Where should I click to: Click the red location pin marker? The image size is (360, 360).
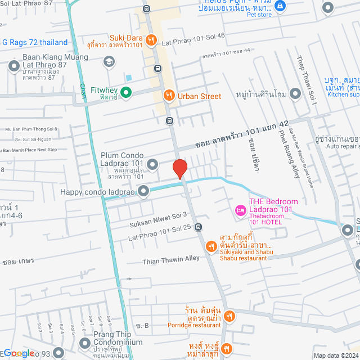[179, 169]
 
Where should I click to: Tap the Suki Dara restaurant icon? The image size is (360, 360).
[151, 39]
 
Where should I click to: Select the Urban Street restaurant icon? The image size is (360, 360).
[168, 96]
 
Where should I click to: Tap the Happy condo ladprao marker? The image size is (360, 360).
[144, 192]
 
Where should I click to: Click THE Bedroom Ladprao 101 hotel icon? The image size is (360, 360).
[241, 210]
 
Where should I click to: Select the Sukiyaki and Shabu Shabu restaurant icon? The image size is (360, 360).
[211, 246]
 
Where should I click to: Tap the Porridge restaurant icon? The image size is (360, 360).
[228, 317]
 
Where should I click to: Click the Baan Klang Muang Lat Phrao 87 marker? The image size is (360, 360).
[14, 67]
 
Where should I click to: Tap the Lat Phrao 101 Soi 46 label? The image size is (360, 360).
[193, 35]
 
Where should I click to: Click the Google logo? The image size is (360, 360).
[18, 353]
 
